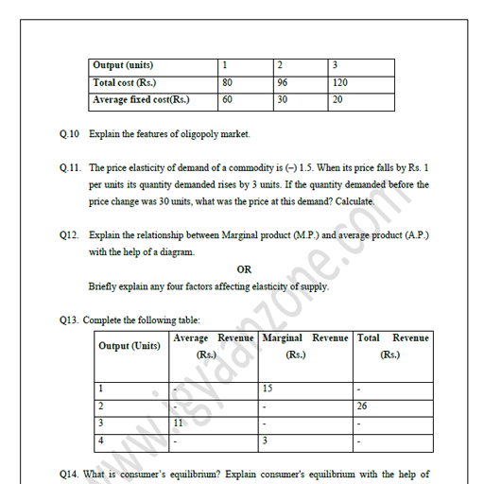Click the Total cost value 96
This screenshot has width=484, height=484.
point(283,82)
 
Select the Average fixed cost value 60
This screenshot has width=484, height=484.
point(228,98)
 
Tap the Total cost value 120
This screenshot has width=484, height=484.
point(340,82)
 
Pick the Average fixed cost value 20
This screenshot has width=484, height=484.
point(338,98)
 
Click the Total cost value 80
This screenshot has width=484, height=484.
point(228,82)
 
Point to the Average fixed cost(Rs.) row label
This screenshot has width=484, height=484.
point(141,98)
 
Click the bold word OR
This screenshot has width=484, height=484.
point(244,268)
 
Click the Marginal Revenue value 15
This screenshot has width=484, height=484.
point(268,388)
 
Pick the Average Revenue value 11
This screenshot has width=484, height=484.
point(179,423)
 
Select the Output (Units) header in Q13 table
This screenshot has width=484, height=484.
point(130,346)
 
